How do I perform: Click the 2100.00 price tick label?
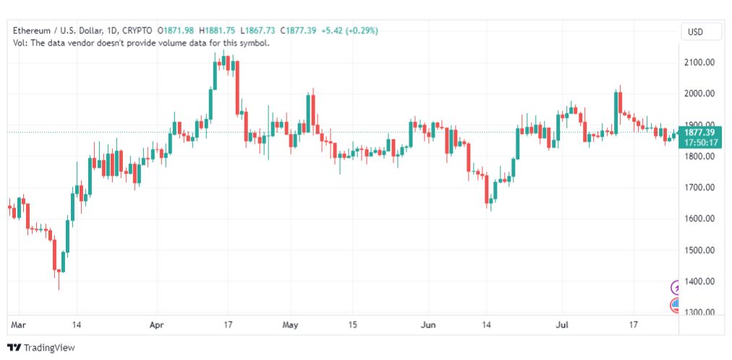[698, 62]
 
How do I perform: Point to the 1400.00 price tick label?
[698, 281]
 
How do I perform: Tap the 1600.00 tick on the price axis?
[698, 219]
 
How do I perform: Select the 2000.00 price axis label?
[698, 93]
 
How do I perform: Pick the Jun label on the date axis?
[428, 325]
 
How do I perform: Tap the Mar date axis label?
[19, 325]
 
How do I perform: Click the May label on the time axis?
[291, 325]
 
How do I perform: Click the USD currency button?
[695, 33]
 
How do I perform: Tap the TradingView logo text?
[49, 348]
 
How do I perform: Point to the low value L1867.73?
[258, 31]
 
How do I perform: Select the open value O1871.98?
[176, 31]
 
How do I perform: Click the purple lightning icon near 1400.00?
[676, 288]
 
